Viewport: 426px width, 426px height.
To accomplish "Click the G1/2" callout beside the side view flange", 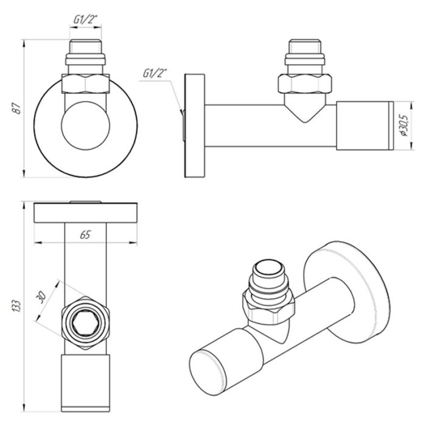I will point(154,74).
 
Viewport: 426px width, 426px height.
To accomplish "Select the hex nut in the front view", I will point(86,83).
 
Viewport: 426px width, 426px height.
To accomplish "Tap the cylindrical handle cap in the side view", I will point(363,126).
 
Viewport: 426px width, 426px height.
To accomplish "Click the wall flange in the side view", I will point(195,126).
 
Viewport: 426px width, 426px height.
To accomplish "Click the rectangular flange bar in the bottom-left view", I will point(86,212).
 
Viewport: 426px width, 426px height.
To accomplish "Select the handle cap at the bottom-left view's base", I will point(85,379).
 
